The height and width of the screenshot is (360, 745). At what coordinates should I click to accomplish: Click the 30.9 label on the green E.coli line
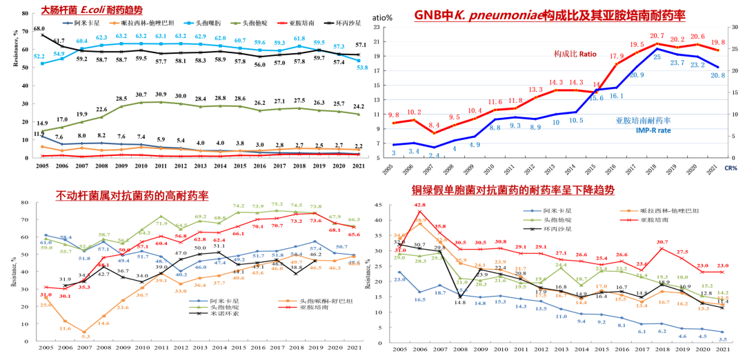(161, 94)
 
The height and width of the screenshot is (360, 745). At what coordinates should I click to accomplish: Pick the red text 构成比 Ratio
(575, 53)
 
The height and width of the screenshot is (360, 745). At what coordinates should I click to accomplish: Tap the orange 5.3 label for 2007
(85, 337)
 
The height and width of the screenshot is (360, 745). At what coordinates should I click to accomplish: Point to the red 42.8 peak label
(419, 205)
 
